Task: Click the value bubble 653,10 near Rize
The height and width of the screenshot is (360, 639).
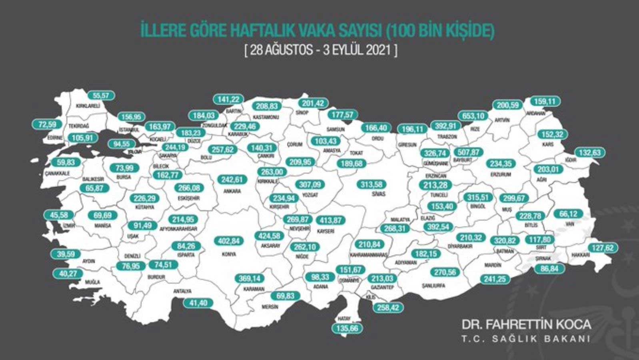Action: coord(473,116)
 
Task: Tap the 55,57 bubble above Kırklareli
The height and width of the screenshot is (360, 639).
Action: coord(101,96)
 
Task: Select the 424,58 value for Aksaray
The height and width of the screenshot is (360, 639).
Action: coord(270,236)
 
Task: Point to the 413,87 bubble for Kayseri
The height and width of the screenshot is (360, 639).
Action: coord(331,220)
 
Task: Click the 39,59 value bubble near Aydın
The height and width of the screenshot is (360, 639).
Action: coord(66,254)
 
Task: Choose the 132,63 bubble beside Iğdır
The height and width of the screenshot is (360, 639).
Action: coord(590,153)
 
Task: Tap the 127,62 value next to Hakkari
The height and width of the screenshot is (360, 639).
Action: coord(603,248)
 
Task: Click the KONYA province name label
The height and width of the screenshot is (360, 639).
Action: coord(229,254)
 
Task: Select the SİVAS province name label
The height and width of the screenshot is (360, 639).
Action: coord(378,194)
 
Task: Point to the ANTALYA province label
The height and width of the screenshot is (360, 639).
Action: coord(182,291)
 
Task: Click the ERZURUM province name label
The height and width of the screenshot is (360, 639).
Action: coord(501,174)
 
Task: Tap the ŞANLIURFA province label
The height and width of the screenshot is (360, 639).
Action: coord(433,286)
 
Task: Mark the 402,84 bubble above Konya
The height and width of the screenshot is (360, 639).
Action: coord(229,241)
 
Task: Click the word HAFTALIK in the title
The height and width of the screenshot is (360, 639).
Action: coord(263,31)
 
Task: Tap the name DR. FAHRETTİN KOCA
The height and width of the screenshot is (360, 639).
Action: coord(526,324)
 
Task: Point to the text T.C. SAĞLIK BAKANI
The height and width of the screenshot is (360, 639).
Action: coord(526,339)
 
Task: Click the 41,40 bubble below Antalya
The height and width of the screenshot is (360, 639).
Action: coord(198,303)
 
